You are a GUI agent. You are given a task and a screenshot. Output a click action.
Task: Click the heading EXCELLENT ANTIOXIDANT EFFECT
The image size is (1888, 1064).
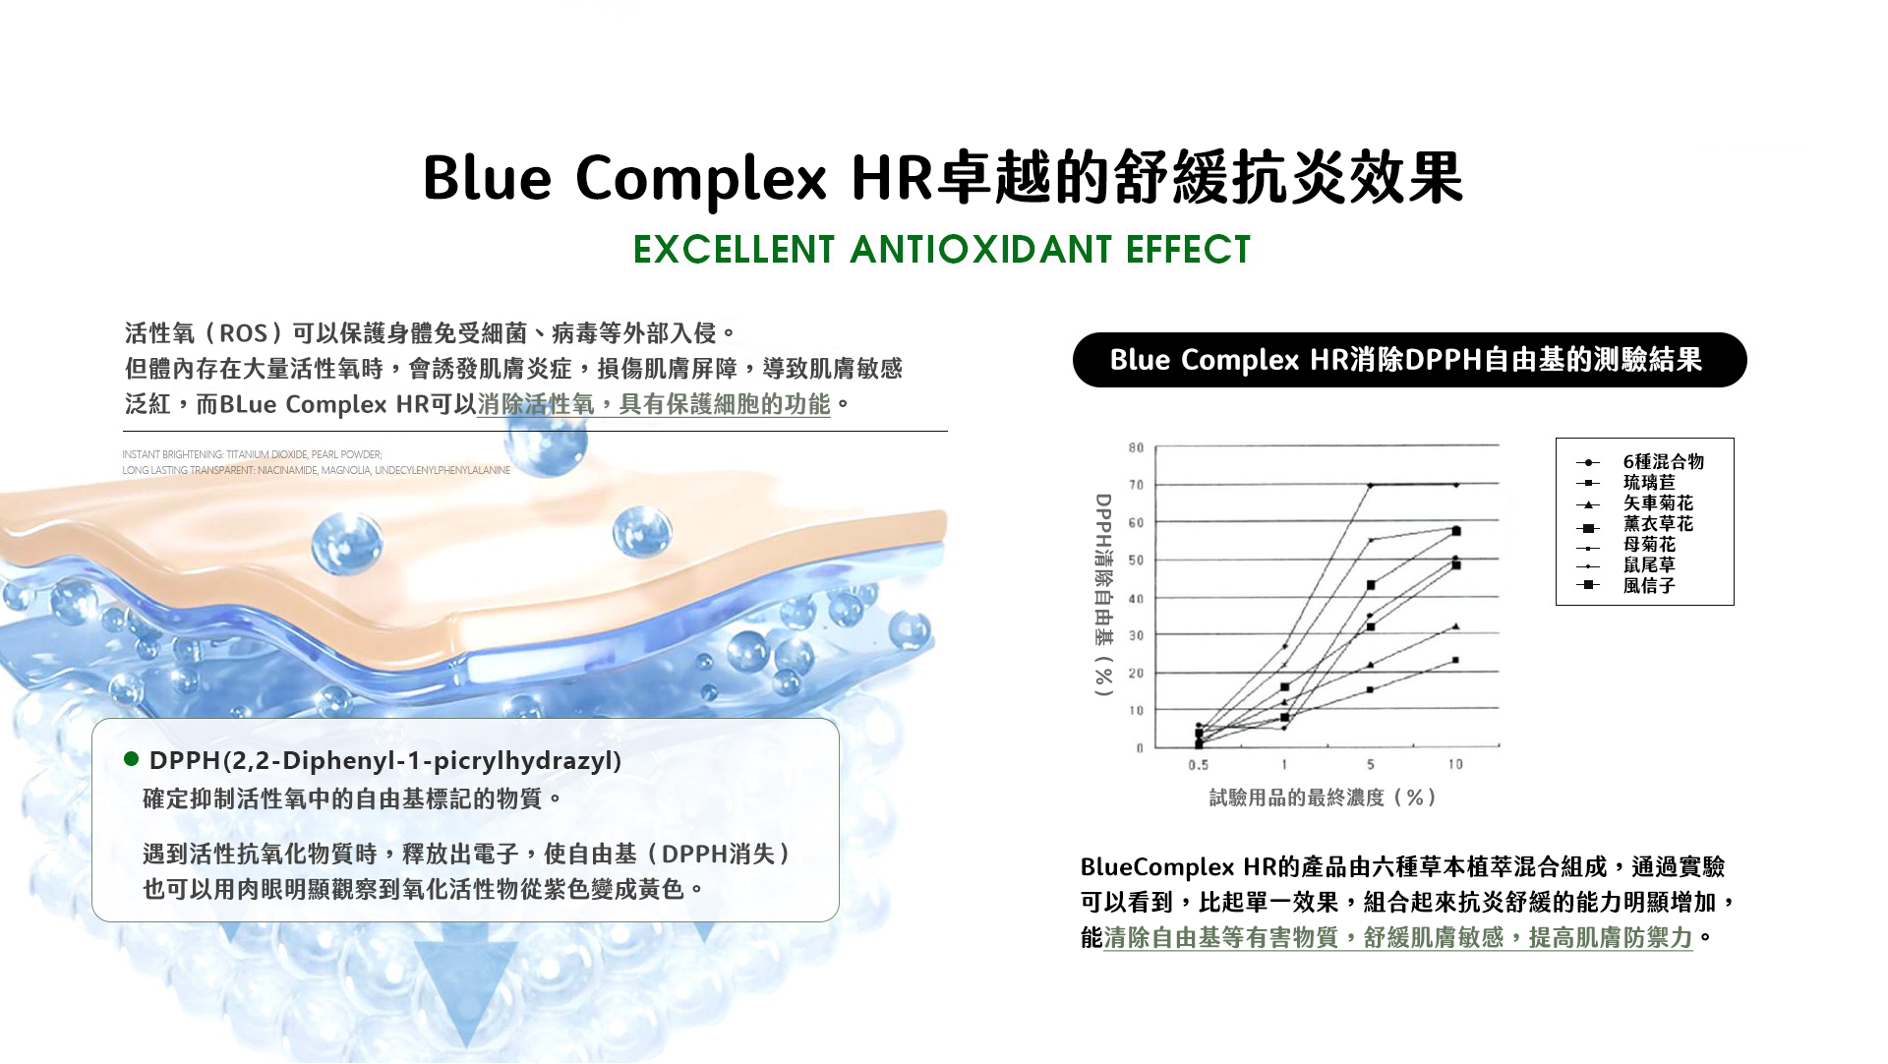pyautogui.click(x=942, y=250)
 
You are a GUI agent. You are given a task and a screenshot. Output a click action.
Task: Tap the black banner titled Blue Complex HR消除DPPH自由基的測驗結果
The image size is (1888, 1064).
pyautogui.click(x=1409, y=360)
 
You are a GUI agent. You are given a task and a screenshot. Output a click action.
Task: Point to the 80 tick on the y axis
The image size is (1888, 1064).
pyautogui.click(x=1136, y=447)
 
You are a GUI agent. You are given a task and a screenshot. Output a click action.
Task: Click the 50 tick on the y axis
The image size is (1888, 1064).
pyautogui.click(x=1136, y=561)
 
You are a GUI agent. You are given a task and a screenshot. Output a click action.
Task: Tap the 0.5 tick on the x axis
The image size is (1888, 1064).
pyautogui.click(x=1198, y=764)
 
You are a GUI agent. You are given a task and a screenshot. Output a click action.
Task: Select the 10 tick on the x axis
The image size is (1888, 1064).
pyautogui.click(x=1455, y=764)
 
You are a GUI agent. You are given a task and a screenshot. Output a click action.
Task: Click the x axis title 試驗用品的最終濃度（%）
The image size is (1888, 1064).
pyautogui.click(x=1324, y=798)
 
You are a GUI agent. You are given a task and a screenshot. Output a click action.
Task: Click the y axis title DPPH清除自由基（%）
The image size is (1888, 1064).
pyautogui.click(x=1103, y=595)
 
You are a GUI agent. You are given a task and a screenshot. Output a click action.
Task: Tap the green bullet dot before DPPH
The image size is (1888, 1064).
pyautogui.click(x=131, y=759)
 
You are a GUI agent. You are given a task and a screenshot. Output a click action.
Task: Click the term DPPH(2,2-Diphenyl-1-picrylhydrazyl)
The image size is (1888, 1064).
pyautogui.click(x=385, y=761)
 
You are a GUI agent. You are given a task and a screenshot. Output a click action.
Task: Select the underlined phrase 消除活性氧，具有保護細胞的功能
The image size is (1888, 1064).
pyautogui.click(x=654, y=404)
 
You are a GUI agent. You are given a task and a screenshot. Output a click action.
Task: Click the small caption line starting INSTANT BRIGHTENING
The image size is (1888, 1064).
pyautogui.click(x=252, y=454)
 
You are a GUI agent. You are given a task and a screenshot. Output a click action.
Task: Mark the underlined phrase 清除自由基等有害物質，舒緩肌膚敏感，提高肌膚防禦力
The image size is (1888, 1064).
pyautogui.click(x=1398, y=938)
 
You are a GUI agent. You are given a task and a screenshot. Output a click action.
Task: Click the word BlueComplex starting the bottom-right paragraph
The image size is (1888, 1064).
pyautogui.click(x=1157, y=867)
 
